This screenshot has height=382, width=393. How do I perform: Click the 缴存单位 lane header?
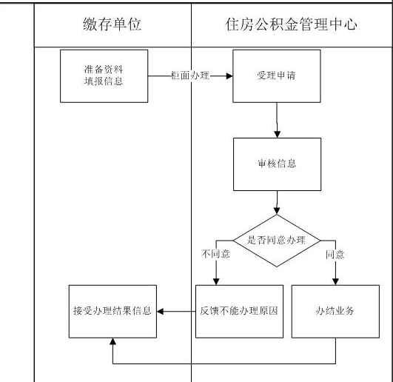pyautogui.click(x=112, y=24)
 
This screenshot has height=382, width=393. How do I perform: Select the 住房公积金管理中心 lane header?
pyautogui.click(x=291, y=24)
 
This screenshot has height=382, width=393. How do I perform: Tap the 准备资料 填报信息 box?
pyautogui.click(x=104, y=76)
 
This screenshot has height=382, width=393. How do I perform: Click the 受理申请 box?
pyautogui.click(x=276, y=76)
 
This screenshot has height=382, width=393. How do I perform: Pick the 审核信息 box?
pyautogui.click(x=276, y=164)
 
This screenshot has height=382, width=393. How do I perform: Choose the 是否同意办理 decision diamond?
pyautogui.click(x=276, y=240)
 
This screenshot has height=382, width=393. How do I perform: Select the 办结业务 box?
pyautogui.click(x=335, y=311)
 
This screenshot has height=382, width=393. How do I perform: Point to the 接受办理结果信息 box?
pyautogui.click(x=110, y=311)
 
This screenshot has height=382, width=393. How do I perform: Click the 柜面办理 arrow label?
pyautogui.click(x=189, y=76)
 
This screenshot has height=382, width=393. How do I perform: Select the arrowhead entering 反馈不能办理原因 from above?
pyautogui.click(x=216, y=281)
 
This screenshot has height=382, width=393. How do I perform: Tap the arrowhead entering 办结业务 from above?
pyautogui.click(x=335, y=281)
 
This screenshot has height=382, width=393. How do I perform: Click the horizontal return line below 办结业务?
pyautogui.click(x=222, y=364)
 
